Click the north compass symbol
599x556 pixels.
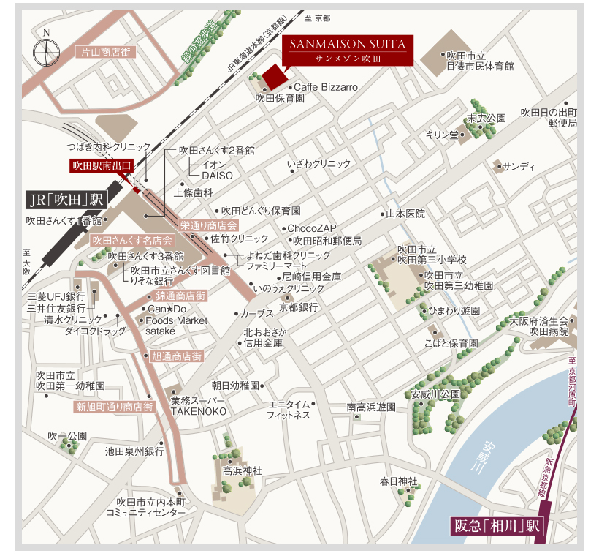click(47, 51)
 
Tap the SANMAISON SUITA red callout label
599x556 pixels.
click(348, 50)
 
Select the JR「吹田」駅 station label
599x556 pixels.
click(66, 198)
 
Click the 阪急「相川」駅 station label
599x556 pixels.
click(496, 525)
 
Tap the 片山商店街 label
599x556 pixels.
click(106, 52)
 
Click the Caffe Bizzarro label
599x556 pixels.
click(326, 87)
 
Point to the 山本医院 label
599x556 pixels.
click(405, 214)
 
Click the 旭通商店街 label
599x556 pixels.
click(176, 356)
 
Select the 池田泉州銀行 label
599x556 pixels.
click(134, 451)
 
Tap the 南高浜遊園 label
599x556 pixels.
click(370, 407)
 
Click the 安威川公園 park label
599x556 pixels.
click(435, 394)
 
